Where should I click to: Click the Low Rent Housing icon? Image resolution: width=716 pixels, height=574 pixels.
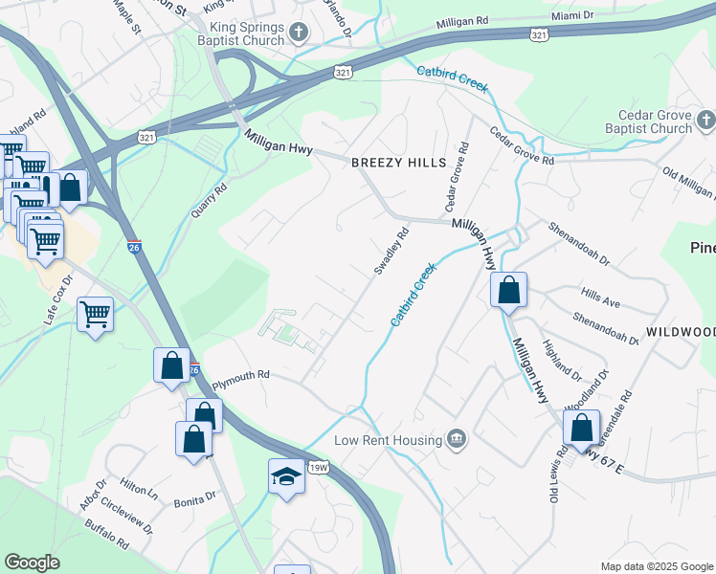tap(457, 439)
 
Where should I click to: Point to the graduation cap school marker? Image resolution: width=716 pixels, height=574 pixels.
tap(286, 476)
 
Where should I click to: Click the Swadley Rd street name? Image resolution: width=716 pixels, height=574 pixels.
tap(391, 252)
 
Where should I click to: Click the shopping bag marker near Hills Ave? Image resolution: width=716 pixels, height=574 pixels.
tap(508, 289)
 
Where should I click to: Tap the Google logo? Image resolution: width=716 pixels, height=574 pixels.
tap(32, 563)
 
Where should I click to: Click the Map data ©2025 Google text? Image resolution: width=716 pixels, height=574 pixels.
tap(656, 566)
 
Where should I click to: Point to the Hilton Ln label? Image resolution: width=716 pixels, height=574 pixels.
tap(140, 489)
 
